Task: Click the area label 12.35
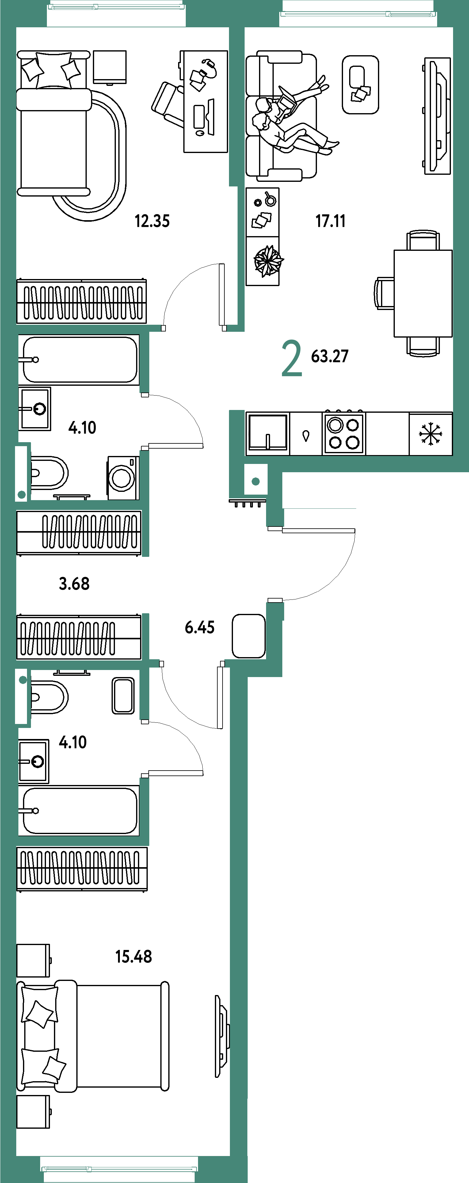click(x=152, y=221)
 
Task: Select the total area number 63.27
click(x=330, y=356)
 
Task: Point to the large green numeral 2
click(x=292, y=358)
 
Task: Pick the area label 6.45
click(x=199, y=627)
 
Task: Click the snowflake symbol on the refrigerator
click(x=430, y=434)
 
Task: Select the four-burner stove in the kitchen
click(x=344, y=434)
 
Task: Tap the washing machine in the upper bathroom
click(x=123, y=478)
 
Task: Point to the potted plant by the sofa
click(x=269, y=261)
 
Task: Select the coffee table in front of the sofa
click(x=360, y=85)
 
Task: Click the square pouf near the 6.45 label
click(x=249, y=636)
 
